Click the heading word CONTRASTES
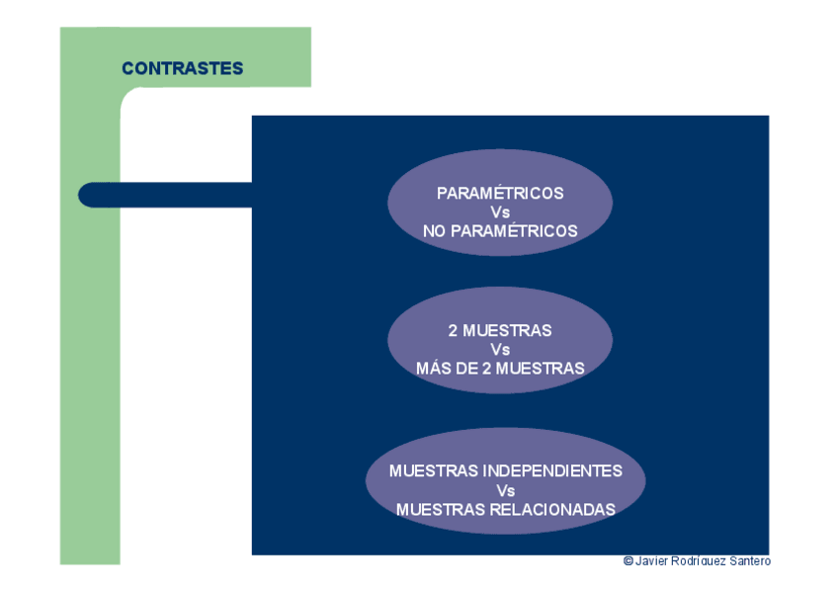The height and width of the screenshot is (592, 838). point(182,68)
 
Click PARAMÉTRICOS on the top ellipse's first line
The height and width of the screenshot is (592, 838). point(500,194)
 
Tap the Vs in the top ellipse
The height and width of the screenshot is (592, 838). point(500,212)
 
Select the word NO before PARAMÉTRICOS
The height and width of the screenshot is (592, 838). point(436,231)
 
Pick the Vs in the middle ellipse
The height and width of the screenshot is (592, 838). point(500,350)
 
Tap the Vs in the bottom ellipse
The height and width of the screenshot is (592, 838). point(506,490)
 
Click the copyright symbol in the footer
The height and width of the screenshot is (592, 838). point(628,561)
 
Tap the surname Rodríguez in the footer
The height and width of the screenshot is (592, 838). point(699,561)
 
